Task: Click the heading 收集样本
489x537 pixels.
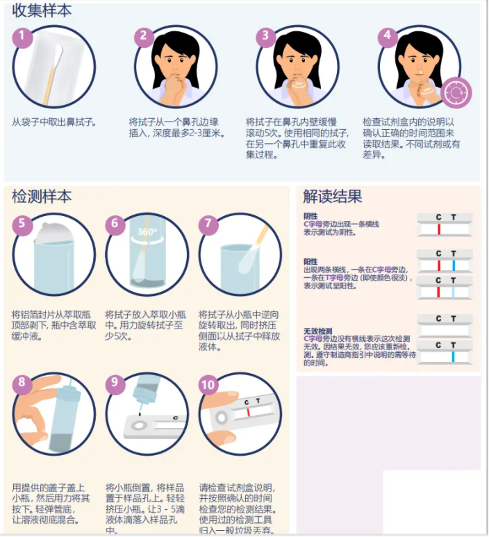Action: coord(42,11)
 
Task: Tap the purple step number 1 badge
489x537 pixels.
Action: coord(23,38)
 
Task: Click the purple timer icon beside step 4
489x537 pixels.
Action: coord(457,92)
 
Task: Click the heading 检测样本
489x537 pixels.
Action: coord(42,197)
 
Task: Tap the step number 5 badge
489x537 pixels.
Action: coord(23,224)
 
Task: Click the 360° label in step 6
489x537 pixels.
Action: coord(147,232)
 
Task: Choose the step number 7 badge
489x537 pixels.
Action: coord(208,224)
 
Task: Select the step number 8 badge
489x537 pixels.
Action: coord(23,383)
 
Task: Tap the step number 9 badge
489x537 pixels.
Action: coord(116,383)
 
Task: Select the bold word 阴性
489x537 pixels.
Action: coord(310,216)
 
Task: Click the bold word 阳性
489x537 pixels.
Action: coord(310,262)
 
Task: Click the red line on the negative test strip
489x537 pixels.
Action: coord(439,228)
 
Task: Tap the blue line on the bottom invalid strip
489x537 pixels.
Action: coord(453,356)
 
